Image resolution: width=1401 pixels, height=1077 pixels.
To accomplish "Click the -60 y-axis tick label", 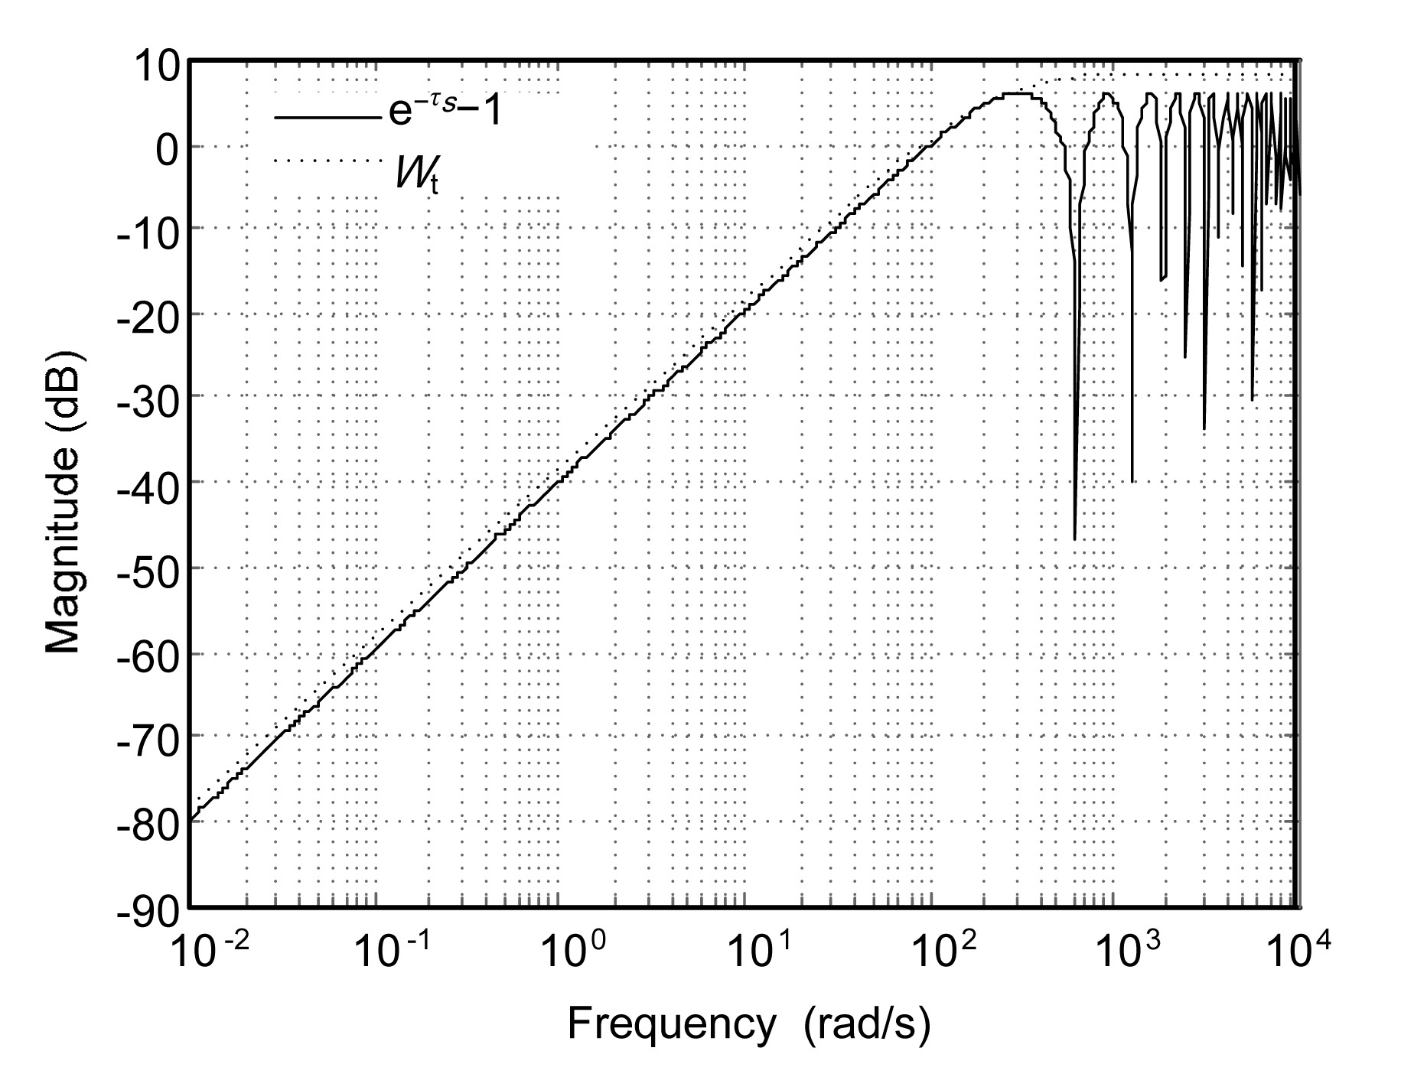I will pos(145,655).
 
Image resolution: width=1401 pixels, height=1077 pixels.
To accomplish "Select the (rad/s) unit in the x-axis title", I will pos(867,1025).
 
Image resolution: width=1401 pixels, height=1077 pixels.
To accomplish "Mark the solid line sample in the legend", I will pos(327,118).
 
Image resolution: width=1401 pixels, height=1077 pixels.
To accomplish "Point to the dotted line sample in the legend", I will pos(327,160).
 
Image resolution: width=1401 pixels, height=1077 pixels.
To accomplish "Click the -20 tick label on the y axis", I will pos(145,314).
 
